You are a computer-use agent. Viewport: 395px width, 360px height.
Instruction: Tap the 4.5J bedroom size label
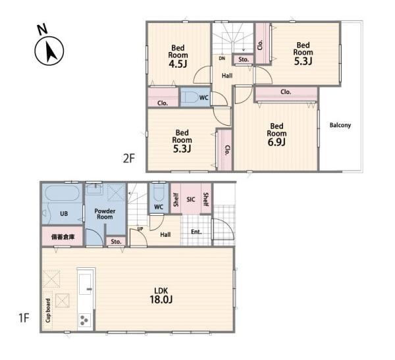pos(178,64)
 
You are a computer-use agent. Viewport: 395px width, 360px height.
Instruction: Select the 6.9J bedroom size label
pos(276,142)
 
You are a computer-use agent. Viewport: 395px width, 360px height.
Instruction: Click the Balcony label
pos(340,125)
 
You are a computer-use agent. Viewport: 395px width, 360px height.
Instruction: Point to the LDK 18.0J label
pos(161,296)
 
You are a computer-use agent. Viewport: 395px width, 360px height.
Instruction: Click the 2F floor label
pos(129,159)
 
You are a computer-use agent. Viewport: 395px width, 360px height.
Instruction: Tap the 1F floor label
pos(24,318)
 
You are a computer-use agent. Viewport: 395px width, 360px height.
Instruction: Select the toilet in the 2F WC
pos(190,97)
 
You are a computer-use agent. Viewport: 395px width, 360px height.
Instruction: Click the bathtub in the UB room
pos(63,193)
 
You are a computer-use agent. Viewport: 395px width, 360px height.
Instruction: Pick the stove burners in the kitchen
pos(84,320)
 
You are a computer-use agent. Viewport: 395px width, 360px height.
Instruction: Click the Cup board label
pos(48,311)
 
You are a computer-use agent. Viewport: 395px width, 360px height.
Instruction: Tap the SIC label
pos(191,199)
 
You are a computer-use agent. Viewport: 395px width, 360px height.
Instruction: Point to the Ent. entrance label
pos(196,232)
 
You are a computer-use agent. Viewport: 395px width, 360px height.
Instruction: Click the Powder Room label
pos(105,214)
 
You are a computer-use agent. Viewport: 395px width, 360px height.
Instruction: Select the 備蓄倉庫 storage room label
pos(63,237)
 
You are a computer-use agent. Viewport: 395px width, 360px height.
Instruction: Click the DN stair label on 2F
pos(222,59)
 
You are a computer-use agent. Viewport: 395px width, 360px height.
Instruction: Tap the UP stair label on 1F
pos(140,229)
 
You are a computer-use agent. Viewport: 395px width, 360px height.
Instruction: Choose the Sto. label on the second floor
pos(244,60)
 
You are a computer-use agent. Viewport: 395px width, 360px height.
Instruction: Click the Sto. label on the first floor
pos(116,242)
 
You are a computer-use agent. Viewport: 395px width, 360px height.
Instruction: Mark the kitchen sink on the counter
pos(86,284)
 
